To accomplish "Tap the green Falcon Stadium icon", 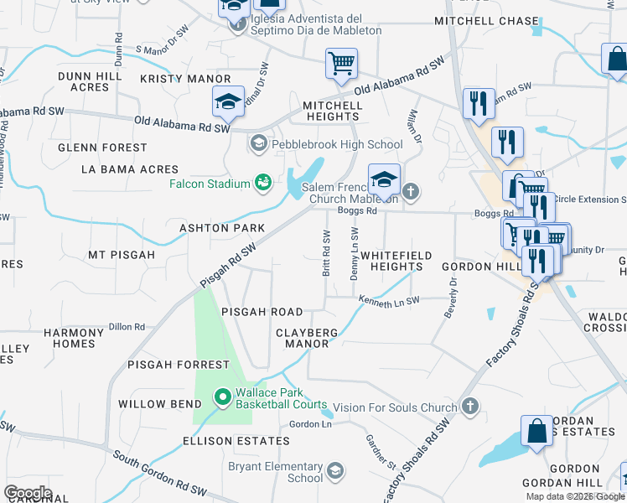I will click(x=263, y=182).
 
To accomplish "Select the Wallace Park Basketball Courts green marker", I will click(x=222, y=396).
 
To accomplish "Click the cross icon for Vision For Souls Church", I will click(x=470, y=407).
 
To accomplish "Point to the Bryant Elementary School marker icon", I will click(x=336, y=470).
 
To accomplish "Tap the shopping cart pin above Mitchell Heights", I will click(x=341, y=64).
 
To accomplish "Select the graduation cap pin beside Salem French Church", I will click(x=384, y=180).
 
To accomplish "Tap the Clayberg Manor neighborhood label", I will click(x=307, y=338).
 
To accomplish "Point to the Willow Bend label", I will click(x=153, y=404).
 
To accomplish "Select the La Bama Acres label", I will click(x=117, y=169).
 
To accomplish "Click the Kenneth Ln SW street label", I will click(x=387, y=299).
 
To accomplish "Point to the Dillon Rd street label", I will click(x=127, y=327).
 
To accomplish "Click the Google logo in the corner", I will click(x=28, y=493).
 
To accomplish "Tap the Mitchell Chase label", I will click(x=486, y=21).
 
